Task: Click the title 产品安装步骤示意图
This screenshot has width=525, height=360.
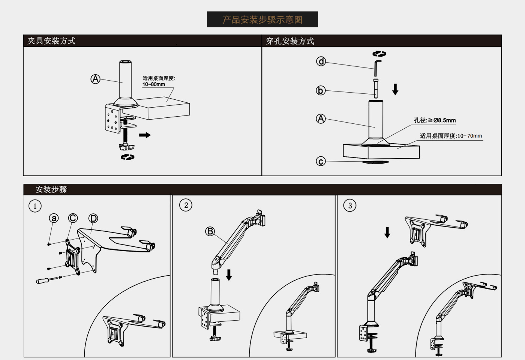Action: click(x=262, y=19)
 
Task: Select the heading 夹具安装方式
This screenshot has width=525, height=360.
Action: click(x=51, y=41)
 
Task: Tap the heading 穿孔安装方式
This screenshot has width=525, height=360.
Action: click(x=290, y=41)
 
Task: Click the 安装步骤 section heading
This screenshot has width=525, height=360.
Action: click(x=51, y=189)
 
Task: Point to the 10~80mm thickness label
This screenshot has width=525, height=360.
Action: click(x=153, y=84)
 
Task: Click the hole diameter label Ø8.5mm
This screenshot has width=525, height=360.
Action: click(x=444, y=120)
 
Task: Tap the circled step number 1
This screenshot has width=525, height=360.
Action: click(x=35, y=206)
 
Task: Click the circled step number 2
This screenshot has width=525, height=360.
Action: click(x=186, y=205)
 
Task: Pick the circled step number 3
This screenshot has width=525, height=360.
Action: click(x=350, y=205)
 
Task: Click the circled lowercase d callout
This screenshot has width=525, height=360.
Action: click(x=321, y=61)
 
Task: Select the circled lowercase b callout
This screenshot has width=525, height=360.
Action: click(x=321, y=90)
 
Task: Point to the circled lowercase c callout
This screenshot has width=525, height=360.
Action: click(x=321, y=161)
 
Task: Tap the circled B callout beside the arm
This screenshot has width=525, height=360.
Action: click(x=210, y=231)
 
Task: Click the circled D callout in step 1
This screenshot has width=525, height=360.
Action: click(x=93, y=218)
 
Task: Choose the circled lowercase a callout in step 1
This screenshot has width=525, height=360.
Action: click(x=54, y=218)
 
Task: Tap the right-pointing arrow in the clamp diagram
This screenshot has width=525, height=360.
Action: click(x=145, y=135)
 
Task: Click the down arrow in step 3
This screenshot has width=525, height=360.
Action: click(x=387, y=232)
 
